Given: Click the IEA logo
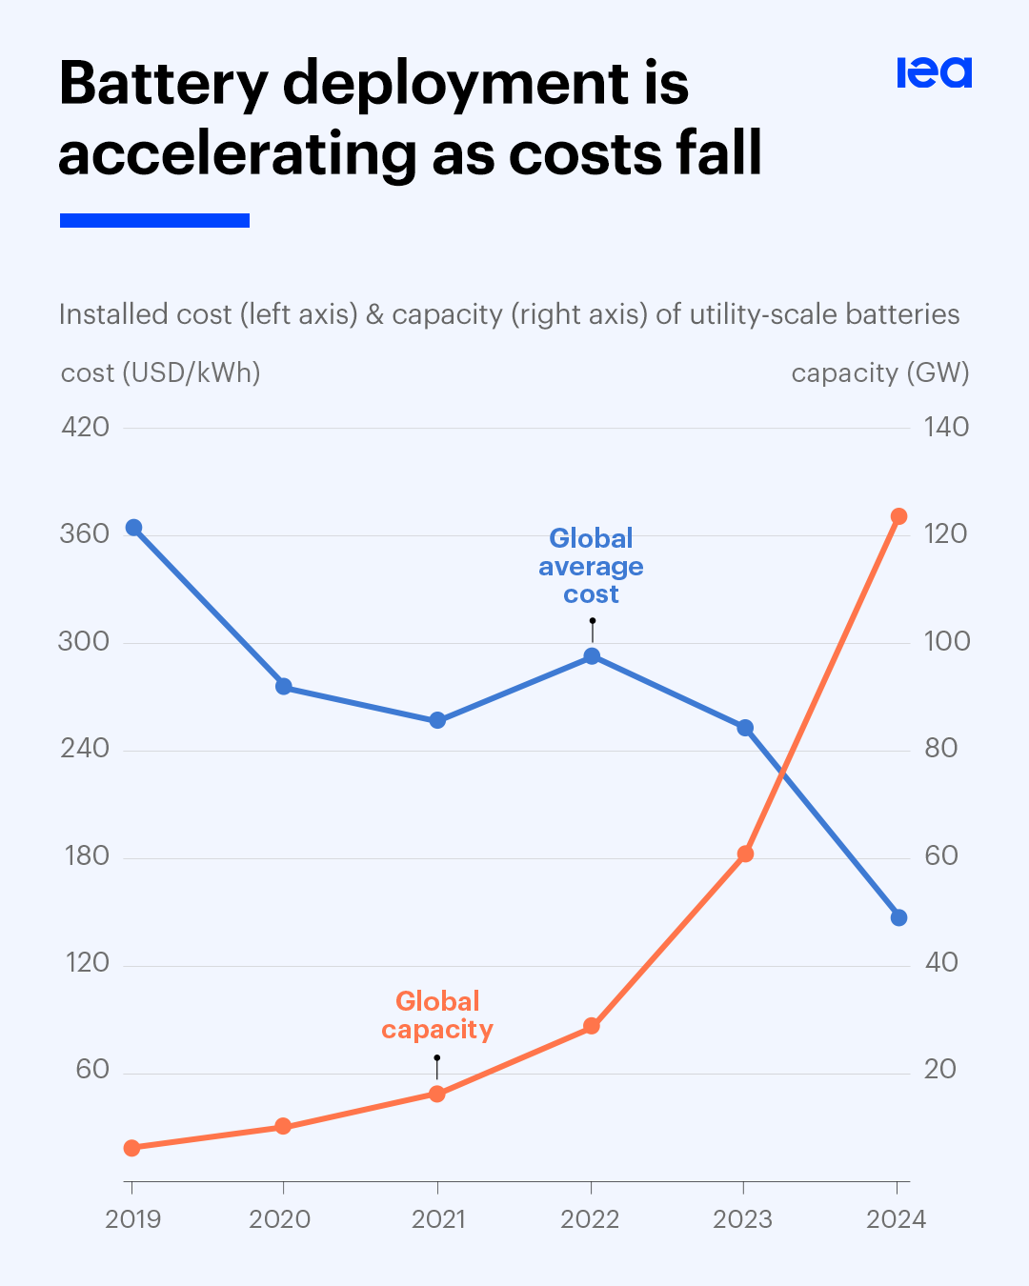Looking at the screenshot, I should (934, 72).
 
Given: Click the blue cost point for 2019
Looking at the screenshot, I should (133, 528).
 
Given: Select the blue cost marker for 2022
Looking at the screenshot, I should (592, 655).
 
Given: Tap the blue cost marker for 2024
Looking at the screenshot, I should (898, 917).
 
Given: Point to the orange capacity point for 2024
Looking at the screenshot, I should (898, 516).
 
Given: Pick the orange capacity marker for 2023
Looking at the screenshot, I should (745, 854).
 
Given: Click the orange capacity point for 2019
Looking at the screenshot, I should (131, 1148).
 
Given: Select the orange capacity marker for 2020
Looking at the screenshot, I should (283, 1126).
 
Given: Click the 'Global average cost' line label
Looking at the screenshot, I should (591, 566).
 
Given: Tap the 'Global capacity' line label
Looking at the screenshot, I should (437, 1015).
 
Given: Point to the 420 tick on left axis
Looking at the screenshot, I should (85, 427).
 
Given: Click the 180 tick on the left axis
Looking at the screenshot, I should (87, 855).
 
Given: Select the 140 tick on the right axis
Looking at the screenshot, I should (945, 427).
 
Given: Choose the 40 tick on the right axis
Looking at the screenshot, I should (940, 962).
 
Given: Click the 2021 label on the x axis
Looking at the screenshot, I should (438, 1219).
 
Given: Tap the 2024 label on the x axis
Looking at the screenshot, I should (896, 1219).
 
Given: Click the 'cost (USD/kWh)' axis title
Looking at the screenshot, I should (160, 372).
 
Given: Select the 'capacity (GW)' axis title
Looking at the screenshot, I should (879, 372).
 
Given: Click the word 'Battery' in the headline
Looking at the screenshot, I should (164, 84).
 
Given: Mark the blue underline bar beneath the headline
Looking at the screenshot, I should (154, 220).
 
